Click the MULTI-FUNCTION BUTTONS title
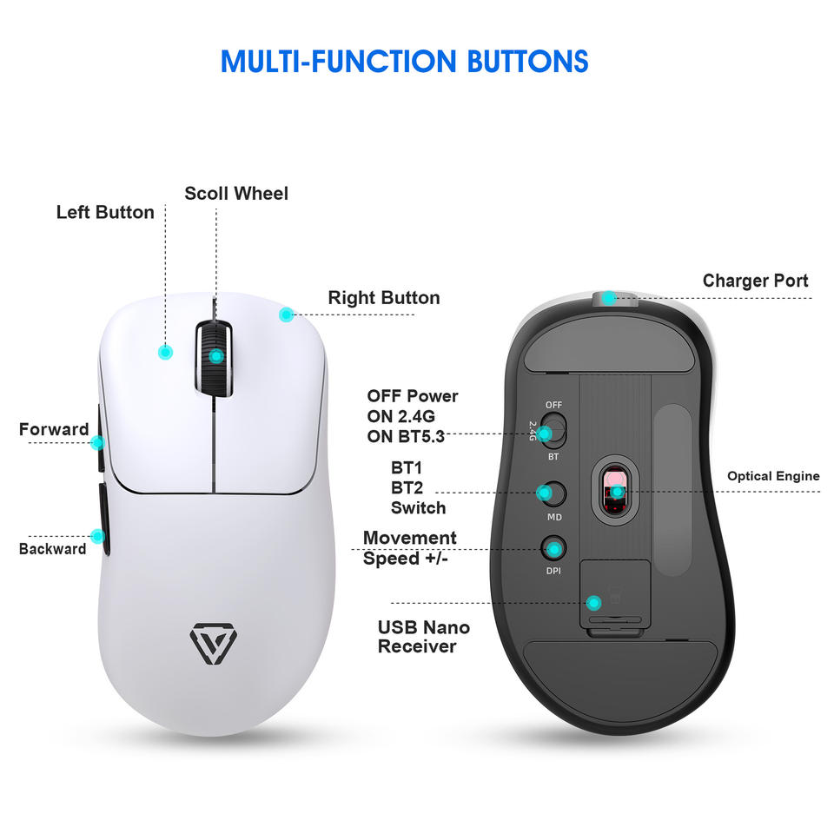click(404, 62)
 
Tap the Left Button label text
click(105, 213)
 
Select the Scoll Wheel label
click(236, 193)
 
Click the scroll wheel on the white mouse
click(214, 356)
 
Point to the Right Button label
click(384, 298)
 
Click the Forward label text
click(54, 429)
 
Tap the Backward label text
click(53, 549)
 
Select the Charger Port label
click(755, 281)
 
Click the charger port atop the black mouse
click(612, 300)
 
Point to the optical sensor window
click(615, 491)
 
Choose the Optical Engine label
click(773, 476)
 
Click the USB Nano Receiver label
click(424, 637)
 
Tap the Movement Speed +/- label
click(409, 548)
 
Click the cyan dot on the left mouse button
click(165, 352)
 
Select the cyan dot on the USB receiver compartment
click(594, 602)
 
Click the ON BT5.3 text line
click(406, 436)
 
